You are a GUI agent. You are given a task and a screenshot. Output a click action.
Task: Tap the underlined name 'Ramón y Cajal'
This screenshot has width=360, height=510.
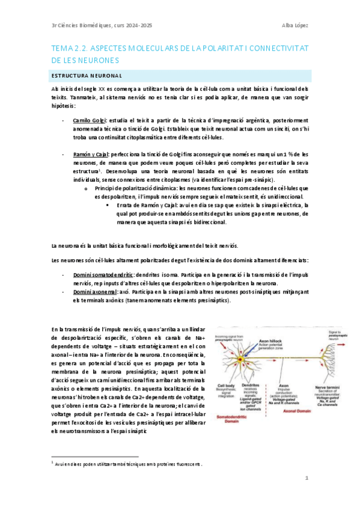[89, 155]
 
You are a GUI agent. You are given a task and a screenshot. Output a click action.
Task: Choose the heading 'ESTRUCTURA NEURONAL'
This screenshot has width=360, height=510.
[87, 76]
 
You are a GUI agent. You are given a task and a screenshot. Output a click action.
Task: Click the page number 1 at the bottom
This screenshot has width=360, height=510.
[307, 478]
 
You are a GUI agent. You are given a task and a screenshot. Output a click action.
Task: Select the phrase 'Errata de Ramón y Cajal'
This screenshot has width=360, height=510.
[149, 205]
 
